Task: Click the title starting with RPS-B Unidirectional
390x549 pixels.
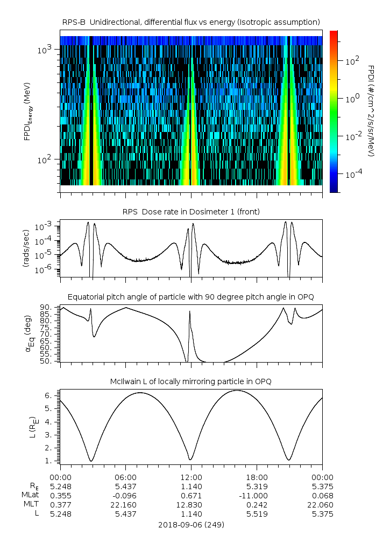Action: (x=192, y=22)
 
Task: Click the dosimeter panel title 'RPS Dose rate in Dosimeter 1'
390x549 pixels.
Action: (x=192, y=212)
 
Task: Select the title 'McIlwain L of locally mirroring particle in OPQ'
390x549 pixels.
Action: (x=192, y=381)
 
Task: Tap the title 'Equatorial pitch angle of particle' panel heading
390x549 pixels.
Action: (x=192, y=297)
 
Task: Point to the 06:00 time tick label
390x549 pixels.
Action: (x=126, y=477)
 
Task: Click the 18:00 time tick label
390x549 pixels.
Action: (x=257, y=477)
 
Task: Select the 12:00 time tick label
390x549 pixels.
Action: (x=192, y=477)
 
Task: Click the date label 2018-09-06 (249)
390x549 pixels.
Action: (x=192, y=524)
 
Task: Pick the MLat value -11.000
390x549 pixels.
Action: (x=257, y=495)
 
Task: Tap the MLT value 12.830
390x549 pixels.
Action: (x=192, y=504)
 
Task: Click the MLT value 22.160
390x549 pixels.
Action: (x=126, y=504)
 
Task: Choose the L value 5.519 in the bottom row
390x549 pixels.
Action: (x=257, y=513)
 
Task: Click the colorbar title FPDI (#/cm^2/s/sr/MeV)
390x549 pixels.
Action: (x=371, y=111)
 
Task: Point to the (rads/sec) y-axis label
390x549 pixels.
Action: (x=26, y=250)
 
